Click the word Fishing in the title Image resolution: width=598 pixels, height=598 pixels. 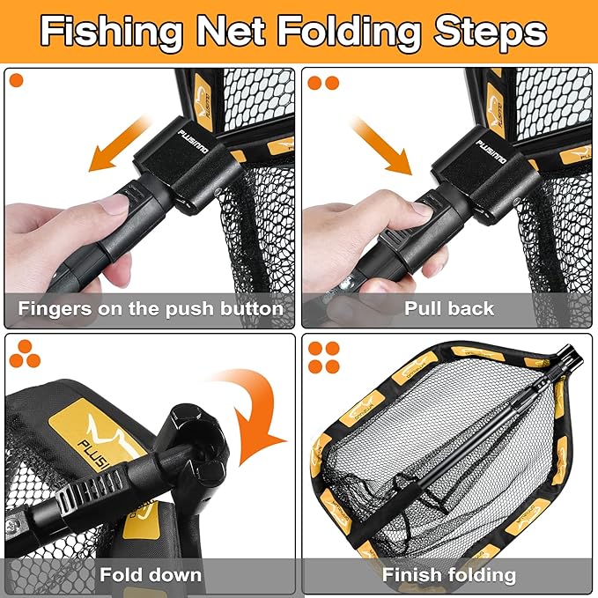[111, 33]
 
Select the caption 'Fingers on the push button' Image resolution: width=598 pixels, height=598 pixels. [150, 309]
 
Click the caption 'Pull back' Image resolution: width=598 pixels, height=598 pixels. [449, 309]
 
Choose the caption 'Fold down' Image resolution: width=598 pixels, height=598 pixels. [150, 575]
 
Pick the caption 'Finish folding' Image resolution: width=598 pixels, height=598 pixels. [449, 575]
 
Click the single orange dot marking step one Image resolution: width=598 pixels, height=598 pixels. [16, 82]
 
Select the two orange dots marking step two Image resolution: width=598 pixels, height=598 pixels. [321, 83]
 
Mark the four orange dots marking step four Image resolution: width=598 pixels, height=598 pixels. [321, 355]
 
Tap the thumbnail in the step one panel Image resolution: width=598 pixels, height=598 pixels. [114, 205]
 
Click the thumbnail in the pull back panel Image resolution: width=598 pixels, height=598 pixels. [422, 210]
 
